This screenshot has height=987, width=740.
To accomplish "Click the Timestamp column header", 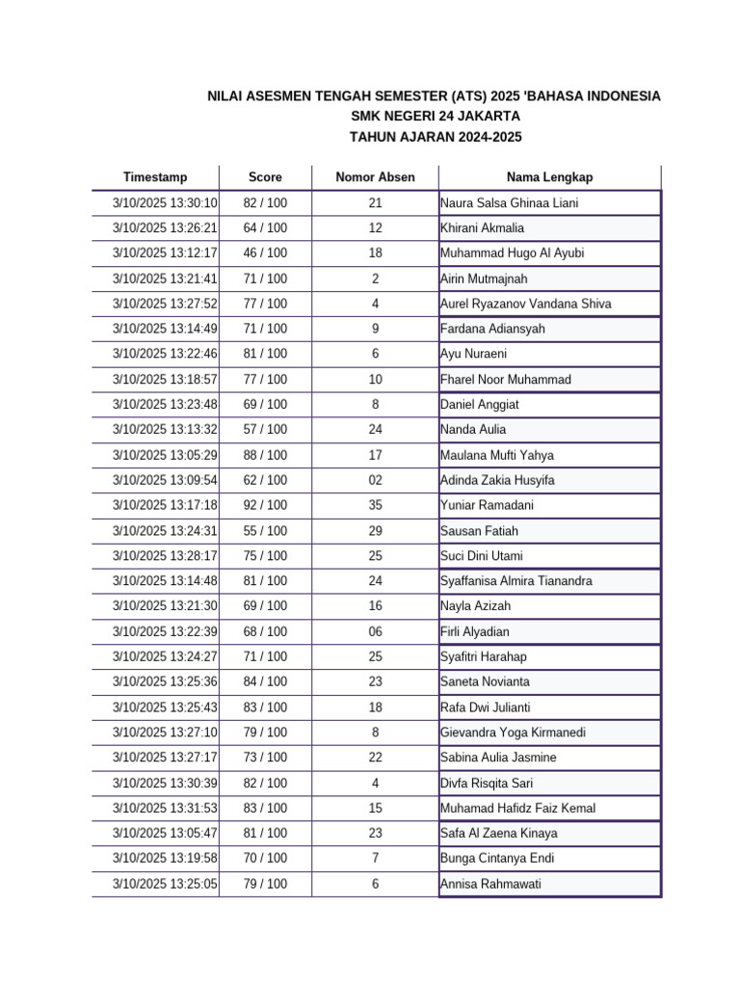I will pyautogui.click(x=155, y=177).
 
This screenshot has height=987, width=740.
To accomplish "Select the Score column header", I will pyautogui.click(x=265, y=177).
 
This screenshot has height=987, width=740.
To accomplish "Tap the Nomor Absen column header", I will pyautogui.click(x=375, y=177).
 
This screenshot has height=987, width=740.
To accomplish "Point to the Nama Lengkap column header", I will pyautogui.click(x=549, y=177).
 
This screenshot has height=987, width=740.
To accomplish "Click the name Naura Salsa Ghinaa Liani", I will pyautogui.click(x=510, y=203).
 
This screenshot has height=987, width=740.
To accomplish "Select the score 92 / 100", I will pyautogui.click(x=265, y=505).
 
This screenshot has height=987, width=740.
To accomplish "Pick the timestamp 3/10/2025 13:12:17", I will pyautogui.click(x=165, y=253).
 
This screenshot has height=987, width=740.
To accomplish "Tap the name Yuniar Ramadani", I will pyautogui.click(x=487, y=505).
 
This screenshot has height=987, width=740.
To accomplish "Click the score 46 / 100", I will pyautogui.click(x=265, y=253).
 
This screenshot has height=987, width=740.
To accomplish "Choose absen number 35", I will pyautogui.click(x=375, y=505).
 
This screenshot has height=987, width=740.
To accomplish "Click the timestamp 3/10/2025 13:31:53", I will pyautogui.click(x=165, y=808).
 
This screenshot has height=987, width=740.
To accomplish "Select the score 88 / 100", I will pyautogui.click(x=265, y=455).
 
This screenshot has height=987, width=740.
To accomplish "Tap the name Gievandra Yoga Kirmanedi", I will pyautogui.click(x=512, y=733).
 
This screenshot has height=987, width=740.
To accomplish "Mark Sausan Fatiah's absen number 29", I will pyautogui.click(x=375, y=530).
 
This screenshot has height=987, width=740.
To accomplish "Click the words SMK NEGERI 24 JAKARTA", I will pyautogui.click(x=436, y=117).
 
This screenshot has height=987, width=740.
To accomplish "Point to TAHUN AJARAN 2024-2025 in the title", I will pyautogui.click(x=436, y=137).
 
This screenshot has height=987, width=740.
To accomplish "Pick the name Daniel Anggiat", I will pyautogui.click(x=479, y=405).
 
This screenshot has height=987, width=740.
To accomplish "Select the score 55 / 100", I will pyautogui.click(x=265, y=530).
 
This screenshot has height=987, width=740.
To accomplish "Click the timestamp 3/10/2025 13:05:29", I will pyautogui.click(x=165, y=455).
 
